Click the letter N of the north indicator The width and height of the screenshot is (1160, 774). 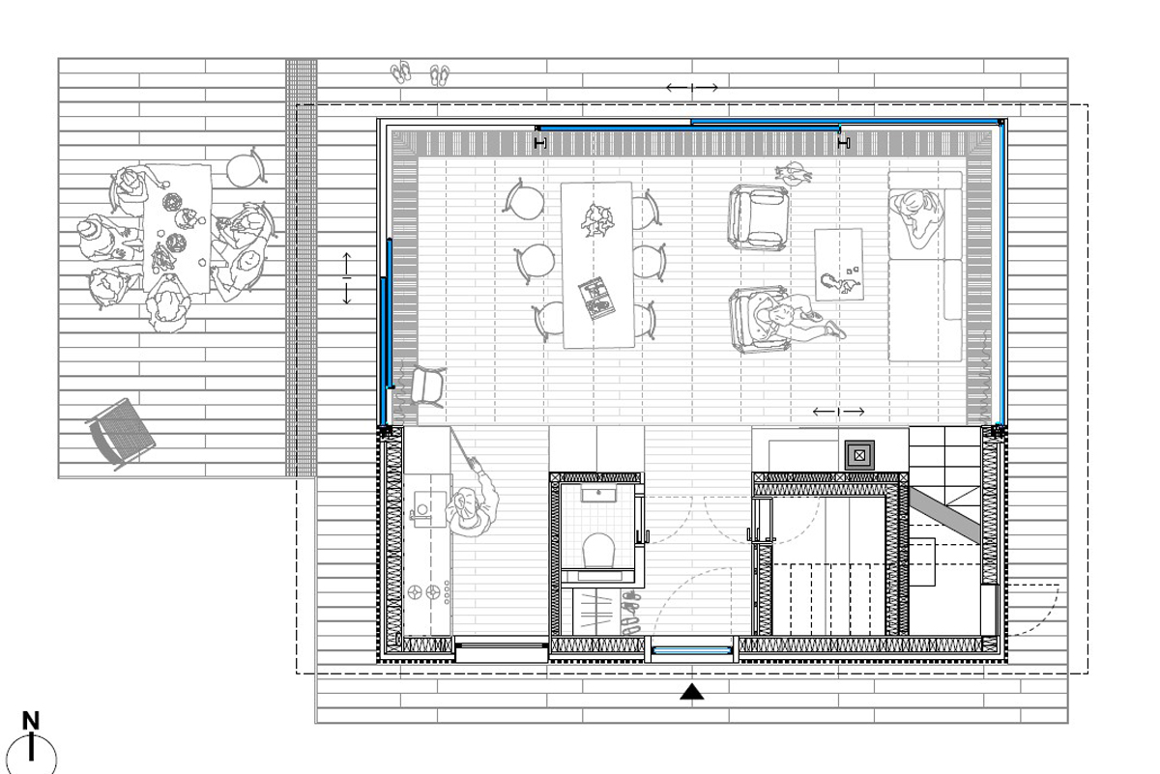pyautogui.click(x=31, y=720)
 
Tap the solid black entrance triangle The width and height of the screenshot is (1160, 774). pyautogui.click(x=691, y=692)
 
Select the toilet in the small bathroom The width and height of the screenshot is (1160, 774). pyautogui.click(x=598, y=550)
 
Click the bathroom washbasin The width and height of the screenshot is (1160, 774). pyautogui.click(x=598, y=494)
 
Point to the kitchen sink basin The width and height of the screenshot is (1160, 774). pyautogui.click(x=429, y=509)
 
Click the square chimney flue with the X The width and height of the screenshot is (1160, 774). pyautogui.click(x=859, y=455)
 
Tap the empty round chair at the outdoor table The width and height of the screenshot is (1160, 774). pyautogui.click(x=246, y=170)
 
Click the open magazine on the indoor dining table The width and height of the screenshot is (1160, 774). pyautogui.click(x=596, y=299)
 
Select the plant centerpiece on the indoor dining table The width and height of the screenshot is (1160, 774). pyautogui.click(x=596, y=219)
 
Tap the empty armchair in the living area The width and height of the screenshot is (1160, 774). pyautogui.click(x=758, y=217)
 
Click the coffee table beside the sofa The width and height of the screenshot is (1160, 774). pyautogui.click(x=838, y=264)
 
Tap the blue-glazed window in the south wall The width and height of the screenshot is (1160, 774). pyautogui.click(x=691, y=650)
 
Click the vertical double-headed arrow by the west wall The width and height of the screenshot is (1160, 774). pyautogui.click(x=347, y=278)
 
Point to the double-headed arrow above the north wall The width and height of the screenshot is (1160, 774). pyautogui.click(x=692, y=88)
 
